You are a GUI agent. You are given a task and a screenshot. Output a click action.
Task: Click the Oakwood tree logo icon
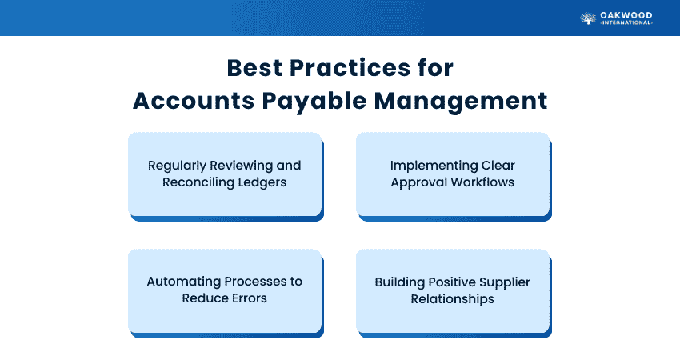point(588,18)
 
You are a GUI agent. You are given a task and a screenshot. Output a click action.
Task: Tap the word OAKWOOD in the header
point(626,15)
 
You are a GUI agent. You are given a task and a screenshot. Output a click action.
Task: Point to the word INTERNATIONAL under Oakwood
point(626,22)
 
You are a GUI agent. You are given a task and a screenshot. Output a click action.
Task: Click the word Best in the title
point(254,68)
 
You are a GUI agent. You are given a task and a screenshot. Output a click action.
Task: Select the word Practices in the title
point(350,68)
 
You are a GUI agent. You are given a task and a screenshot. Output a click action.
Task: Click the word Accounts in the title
point(194,101)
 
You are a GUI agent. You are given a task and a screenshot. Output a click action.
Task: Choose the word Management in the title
point(461,102)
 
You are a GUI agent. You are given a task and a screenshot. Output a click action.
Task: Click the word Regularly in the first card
point(177,166)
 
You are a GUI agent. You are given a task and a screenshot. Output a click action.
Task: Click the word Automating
point(184,282)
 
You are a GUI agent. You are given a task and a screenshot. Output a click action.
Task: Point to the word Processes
point(255,282)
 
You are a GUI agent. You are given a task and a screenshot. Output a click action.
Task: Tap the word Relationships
point(452,299)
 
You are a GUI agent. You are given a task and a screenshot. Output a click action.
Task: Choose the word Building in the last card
point(400,282)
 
